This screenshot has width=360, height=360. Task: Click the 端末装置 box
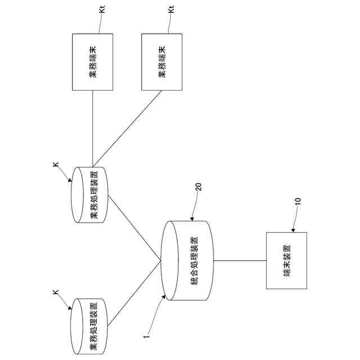point(287,260)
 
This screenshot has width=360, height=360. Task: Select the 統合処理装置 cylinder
point(188,260)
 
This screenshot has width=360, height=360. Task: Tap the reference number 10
point(298,201)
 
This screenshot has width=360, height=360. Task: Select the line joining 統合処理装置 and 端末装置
point(240,260)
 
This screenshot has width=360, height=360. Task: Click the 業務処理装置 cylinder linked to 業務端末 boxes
point(90,194)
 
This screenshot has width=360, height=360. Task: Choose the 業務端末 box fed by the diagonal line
point(161,61)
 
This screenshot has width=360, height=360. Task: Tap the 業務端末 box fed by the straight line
point(93,61)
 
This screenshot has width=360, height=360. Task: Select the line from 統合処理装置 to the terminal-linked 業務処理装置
point(135,228)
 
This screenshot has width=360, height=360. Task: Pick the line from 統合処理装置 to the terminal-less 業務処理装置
point(135,293)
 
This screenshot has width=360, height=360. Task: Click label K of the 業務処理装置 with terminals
point(56,164)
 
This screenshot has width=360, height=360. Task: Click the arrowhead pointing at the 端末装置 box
point(294,231)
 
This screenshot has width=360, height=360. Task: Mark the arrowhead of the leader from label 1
point(163,298)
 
